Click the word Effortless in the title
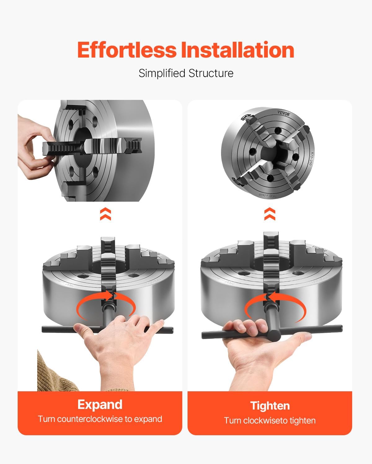tap(127, 50)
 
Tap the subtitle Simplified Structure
tap(186, 73)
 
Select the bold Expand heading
tap(100, 405)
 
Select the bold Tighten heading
tap(270, 406)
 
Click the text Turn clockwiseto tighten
tap(270, 421)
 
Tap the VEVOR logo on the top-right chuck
tap(283, 114)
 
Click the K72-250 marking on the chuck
tap(310, 158)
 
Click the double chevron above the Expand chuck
tap(105, 214)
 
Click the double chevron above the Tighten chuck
tap(270, 214)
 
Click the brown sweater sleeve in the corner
tap(53, 374)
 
